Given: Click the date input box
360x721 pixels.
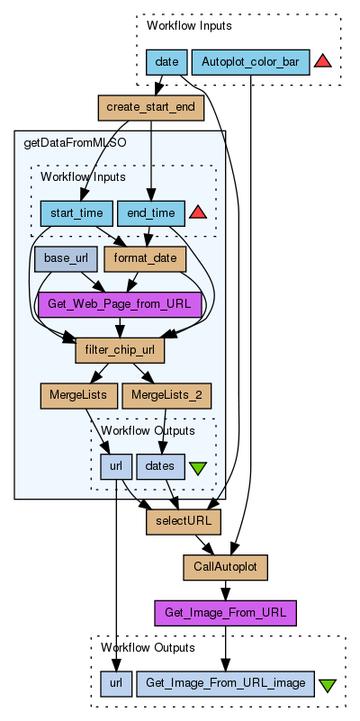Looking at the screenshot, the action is point(166,62).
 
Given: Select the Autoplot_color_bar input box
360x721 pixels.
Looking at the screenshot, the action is point(250,62).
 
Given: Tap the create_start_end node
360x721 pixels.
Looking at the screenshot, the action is point(151,108).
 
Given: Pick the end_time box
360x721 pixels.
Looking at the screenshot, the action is point(151,213).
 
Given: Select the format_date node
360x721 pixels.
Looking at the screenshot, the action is point(145,258).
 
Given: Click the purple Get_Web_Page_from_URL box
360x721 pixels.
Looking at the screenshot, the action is point(120,304).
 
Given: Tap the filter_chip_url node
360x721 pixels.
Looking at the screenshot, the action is point(120,350).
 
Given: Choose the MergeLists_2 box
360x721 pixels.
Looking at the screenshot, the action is point(166,396).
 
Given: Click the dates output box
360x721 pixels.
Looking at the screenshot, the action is point(160,466).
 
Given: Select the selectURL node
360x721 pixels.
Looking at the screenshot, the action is point(184,522).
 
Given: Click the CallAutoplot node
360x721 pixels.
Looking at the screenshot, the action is point(225,567).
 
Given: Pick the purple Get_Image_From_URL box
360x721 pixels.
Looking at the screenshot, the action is point(225,613).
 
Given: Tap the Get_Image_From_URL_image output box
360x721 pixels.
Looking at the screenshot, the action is point(225,683).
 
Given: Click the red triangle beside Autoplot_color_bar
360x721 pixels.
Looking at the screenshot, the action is point(323,61).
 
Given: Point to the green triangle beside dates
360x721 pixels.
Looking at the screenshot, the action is point(198,469).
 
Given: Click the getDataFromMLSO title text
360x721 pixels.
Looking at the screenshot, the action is point(75,143).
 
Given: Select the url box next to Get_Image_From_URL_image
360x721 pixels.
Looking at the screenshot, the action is point(116,683).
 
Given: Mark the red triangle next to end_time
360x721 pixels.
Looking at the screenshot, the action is point(198,212).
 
